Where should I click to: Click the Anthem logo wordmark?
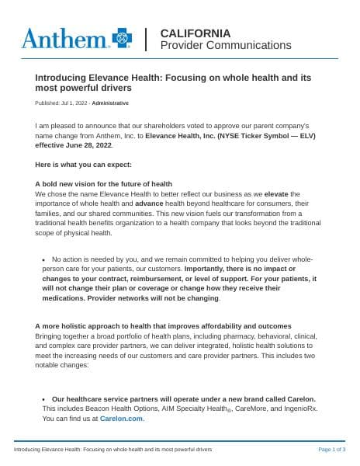coord(65,38)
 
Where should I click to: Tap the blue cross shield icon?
coord(122,37)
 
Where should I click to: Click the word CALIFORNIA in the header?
coord(195,33)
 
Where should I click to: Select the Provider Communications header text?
coord(225,46)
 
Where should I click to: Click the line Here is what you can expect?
coord(84,165)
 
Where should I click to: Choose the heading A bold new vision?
coord(103,184)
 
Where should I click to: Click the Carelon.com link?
coord(122,418)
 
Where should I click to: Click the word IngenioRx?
coord(299,408)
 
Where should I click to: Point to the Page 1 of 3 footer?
coord(332,450)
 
